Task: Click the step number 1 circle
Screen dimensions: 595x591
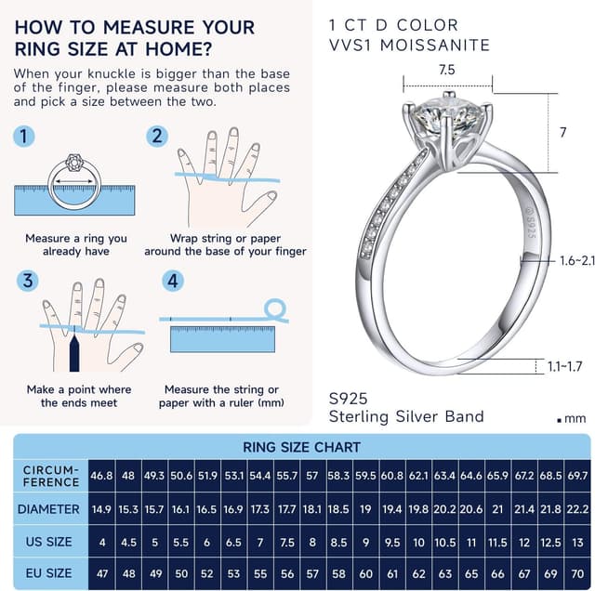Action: coord(24,137)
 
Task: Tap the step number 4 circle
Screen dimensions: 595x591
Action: coord(173,281)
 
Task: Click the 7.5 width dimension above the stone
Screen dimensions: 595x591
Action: coord(446,70)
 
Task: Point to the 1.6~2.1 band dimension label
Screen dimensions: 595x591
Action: coord(577,260)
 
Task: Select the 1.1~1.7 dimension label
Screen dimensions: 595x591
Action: coord(564,366)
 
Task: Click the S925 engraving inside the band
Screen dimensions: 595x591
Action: coord(531,227)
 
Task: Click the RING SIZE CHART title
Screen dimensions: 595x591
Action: coord(301,447)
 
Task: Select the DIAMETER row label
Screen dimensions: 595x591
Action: coord(48,509)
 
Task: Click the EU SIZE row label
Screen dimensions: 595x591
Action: coord(48,573)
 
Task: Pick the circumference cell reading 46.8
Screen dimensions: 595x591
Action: coord(101,476)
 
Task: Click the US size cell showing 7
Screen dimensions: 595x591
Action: coord(260,542)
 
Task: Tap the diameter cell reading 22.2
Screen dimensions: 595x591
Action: coord(577,509)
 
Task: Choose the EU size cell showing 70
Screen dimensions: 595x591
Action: coord(577,573)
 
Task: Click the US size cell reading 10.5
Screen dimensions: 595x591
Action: coord(445,542)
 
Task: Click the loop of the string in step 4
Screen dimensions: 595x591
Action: coord(275,309)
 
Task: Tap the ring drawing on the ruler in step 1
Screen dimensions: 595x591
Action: coord(74,182)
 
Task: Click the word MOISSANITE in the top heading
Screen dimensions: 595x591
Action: coord(435,46)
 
